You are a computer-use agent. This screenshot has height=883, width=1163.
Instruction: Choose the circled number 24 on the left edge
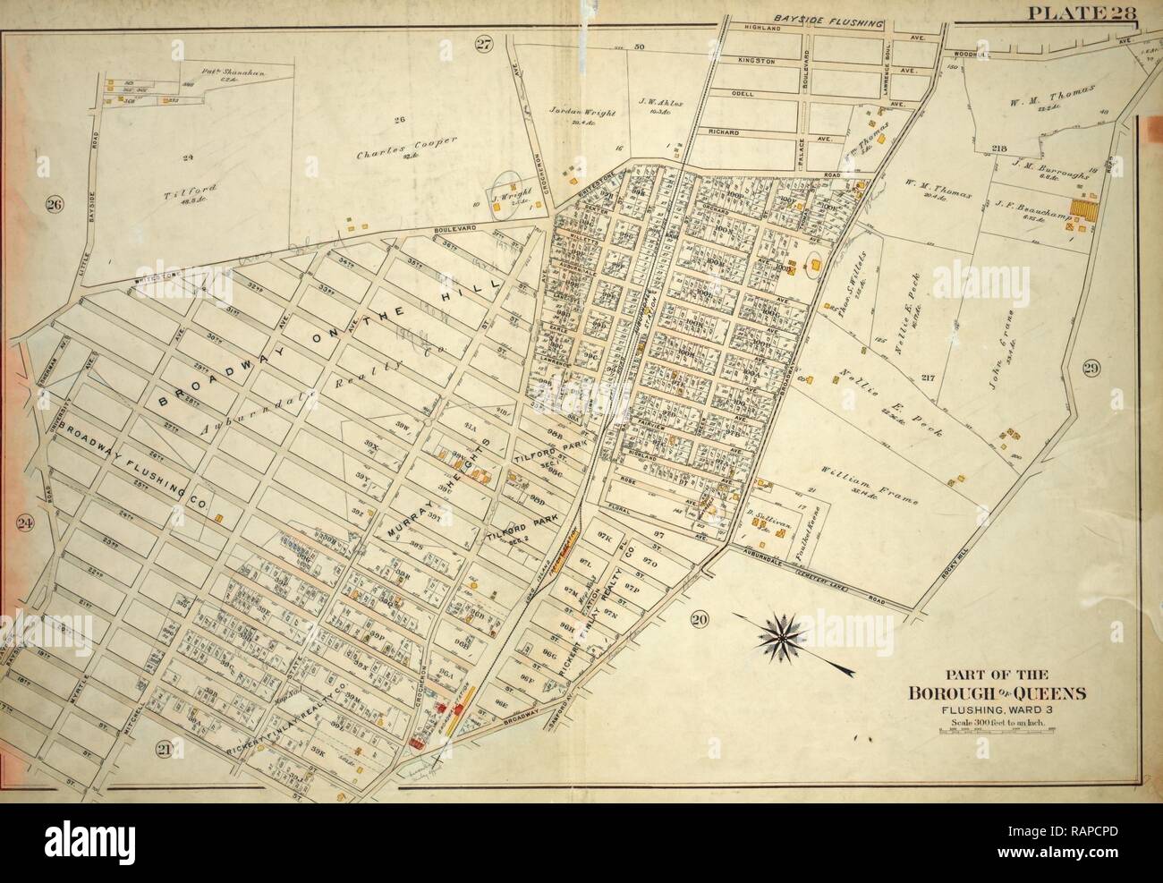[26, 524]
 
